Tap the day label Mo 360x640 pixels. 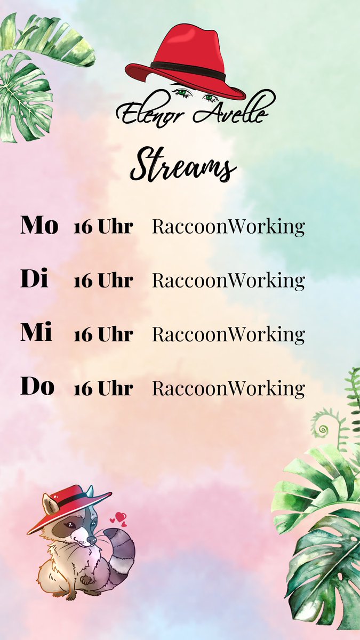(x=39, y=226)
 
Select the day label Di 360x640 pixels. (x=35, y=279)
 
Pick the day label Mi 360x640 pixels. (x=36, y=333)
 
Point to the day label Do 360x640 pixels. (x=37, y=387)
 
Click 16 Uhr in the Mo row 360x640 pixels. (x=103, y=227)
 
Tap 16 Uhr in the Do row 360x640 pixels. (x=103, y=388)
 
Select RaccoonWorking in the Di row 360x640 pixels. (x=228, y=281)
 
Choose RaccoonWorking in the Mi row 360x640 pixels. (x=228, y=334)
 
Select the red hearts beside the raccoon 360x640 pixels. (x=119, y=518)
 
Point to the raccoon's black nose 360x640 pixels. (x=91, y=541)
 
